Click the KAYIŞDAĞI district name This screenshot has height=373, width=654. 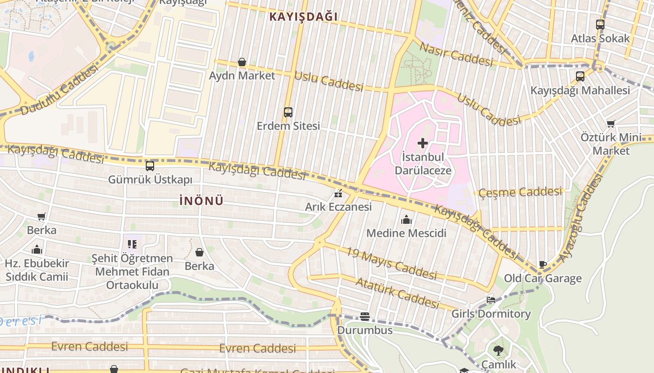click(x=303, y=17)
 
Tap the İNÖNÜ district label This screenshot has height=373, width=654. click(x=201, y=201)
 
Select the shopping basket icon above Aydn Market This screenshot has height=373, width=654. click(x=242, y=62)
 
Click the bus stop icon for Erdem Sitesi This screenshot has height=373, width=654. click(x=288, y=112)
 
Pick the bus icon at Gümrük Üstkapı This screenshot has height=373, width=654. click(x=150, y=166)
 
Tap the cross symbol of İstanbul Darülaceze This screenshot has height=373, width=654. click(x=423, y=143)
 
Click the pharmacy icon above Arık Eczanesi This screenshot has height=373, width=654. click(x=338, y=193)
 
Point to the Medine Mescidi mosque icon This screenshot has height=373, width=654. click(x=406, y=220)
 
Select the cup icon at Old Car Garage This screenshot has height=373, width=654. click(x=542, y=265)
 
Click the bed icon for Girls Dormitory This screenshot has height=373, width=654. click(x=491, y=300)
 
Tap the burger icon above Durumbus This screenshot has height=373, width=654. click(x=365, y=317)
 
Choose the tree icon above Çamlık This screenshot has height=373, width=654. click(x=498, y=350)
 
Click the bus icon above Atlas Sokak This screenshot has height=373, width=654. click(x=600, y=25)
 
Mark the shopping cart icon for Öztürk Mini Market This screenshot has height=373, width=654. click(x=611, y=124)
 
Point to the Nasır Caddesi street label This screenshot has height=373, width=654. click(x=456, y=54)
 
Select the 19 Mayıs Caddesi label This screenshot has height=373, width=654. click(x=391, y=263)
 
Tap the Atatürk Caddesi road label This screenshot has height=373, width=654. click(x=397, y=293)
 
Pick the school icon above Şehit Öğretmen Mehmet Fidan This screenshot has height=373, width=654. click(x=132, y=244)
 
